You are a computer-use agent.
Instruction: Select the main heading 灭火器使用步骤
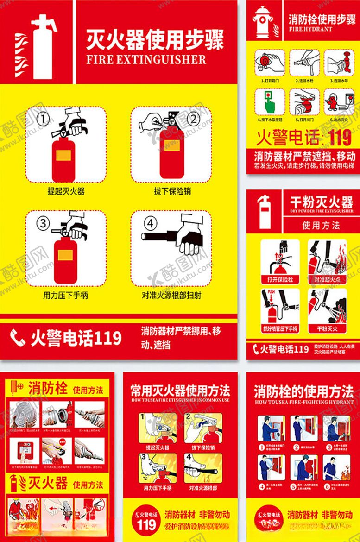(x=155, y=40)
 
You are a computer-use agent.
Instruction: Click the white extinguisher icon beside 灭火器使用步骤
(x=43, y=46)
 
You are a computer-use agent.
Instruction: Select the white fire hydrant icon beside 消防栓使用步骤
(x=263, y=21)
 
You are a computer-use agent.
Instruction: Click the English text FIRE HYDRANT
(x=310, y=29)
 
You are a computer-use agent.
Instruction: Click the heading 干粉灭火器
(x=321, y=202)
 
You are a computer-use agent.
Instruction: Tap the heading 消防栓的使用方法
(x=303, y=391)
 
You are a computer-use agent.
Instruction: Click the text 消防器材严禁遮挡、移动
(x=304, y=156)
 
